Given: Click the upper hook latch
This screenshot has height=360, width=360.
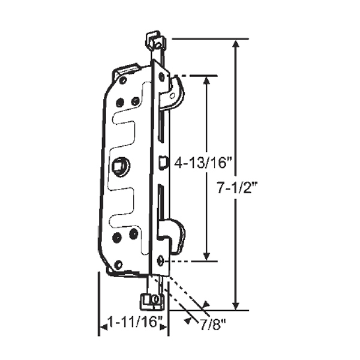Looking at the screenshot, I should (x=175, y=93).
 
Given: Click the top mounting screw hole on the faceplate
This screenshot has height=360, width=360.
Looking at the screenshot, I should (x=161, y=77).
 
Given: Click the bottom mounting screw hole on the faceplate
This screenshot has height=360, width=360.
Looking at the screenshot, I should (x=160, y=260).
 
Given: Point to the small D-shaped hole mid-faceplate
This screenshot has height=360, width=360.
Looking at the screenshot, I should (x=162, y=161).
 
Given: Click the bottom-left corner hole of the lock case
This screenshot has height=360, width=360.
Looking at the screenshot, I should (x=118, y=264).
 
